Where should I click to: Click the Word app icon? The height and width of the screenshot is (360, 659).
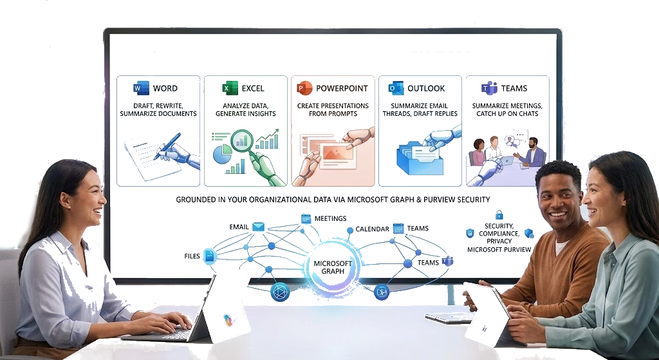click(x=141, y=88)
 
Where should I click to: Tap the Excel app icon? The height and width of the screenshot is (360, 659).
click(x=230, y=88)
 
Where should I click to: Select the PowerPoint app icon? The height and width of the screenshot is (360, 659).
click(x=304, y=88)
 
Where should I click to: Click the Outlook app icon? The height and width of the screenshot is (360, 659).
click(x=396, y=88)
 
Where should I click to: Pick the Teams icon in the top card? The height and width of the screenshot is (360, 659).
click(x=489, y=88)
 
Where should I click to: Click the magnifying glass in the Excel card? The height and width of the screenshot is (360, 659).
click(x=243, y=143)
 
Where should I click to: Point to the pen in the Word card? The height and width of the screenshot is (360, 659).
click(x=167, y=146)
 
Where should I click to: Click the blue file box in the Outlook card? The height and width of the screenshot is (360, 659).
click(x=420, y=159)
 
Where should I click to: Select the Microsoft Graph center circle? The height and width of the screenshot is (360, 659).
click(x=333, y=267)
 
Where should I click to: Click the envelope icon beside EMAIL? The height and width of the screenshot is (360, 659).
click(x=258, y=227)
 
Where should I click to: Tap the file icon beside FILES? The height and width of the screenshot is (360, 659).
click(x=210, y=256)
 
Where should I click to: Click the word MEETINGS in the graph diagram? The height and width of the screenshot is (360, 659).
click(x=330, y=218)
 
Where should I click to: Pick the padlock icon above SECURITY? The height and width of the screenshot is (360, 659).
click(x=499, y=214)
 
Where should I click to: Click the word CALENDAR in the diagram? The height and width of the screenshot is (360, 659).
click(x=373, y=229)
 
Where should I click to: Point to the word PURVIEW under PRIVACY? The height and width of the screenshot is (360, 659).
click(x=515, y=249)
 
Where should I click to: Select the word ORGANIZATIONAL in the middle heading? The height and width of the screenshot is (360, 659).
click(x=281, y=200)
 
